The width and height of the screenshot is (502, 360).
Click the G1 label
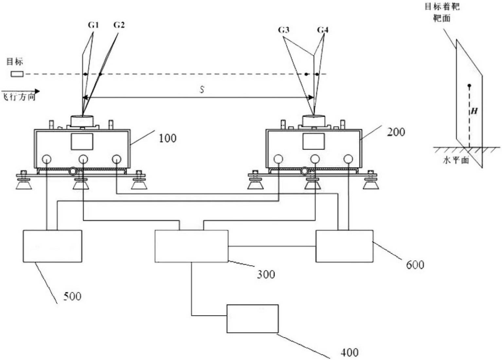click(94, 25)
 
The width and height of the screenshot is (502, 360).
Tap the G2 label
click(119, 25)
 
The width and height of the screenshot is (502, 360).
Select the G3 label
click(283, 30)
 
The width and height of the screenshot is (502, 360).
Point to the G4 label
click(323, 30)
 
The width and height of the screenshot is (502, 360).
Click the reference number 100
click(168, 138)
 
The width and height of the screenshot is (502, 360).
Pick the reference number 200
click(396, 132)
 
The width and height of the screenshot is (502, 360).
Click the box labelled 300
click(192, 246)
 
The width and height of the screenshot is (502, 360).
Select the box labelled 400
click(253, 319)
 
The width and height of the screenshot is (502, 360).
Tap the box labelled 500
click(53, 246)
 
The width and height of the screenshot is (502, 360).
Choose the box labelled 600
click(345, 246)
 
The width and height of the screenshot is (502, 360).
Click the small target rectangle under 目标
click(17, 74)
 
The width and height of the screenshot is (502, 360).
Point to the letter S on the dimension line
click(202, 90)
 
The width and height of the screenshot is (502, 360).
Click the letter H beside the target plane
click(474, 111)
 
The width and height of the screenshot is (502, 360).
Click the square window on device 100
click(82, 142)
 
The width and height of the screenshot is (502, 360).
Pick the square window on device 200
click(314, 141)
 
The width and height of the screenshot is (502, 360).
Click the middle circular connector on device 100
click(83, 159)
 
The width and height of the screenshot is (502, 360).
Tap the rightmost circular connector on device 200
click(348, 159)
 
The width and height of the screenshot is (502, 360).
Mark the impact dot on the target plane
click(469, 85)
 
